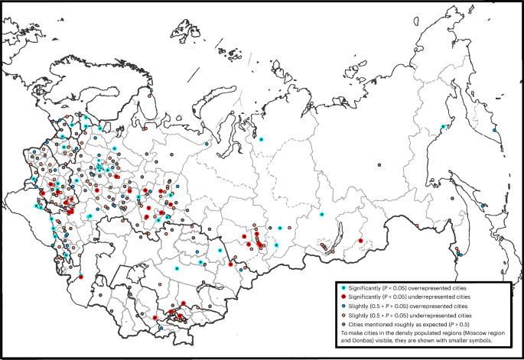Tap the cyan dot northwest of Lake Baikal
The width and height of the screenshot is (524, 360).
[323, 214]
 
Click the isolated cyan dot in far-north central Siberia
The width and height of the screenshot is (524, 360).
[261, 140]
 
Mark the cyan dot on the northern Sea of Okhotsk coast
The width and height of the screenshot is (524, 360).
[443, 127]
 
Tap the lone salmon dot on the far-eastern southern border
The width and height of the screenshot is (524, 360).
[415, 225]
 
